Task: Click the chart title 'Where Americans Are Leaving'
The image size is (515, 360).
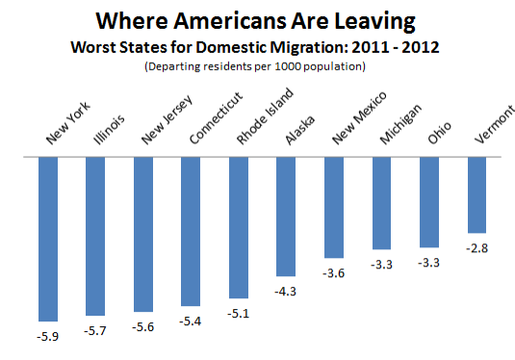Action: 257,20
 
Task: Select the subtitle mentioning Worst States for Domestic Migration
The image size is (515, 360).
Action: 257,46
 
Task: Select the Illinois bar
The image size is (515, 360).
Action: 95,236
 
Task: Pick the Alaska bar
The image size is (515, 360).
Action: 286,217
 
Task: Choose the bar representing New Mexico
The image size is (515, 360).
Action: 333,207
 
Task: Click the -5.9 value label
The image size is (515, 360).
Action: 48,336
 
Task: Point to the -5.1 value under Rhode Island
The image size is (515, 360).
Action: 238,313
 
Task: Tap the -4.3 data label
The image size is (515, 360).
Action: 286,291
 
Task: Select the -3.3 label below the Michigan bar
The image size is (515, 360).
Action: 381,264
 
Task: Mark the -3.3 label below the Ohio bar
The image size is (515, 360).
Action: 428,263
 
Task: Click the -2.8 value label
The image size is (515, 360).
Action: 476,248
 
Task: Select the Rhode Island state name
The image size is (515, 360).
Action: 257,120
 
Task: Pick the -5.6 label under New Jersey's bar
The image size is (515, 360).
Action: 143,326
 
